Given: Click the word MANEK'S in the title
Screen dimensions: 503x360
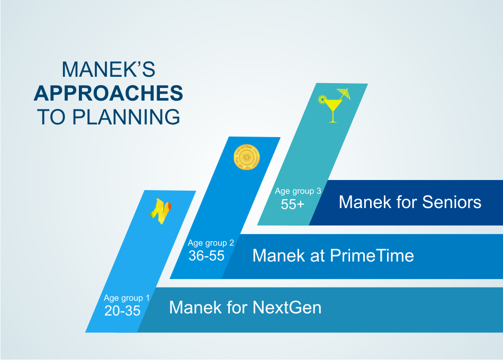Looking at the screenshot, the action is pyautogui.click(x=109, y=69).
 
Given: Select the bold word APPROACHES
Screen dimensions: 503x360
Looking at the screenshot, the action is pyautogui.click(x=109, y=93).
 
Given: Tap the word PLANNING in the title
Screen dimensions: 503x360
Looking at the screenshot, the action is pyautogui.click(x=126, y=116).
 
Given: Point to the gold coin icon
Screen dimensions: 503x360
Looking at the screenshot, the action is pyautogui.click(x=246, y=157).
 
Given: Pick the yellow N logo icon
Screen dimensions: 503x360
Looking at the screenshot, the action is pyautogui.click(x=160, y=211).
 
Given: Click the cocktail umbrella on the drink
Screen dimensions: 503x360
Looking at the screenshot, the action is pyautogui.click(x=344, y=93).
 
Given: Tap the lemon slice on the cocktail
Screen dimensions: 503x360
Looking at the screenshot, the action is pyautogui.click(x=322, y=99).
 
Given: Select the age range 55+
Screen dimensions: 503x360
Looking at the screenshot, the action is pyautogui.click(x=292, y=204).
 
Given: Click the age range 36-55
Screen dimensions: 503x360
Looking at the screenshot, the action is pyautogui.click(x=206, y=256).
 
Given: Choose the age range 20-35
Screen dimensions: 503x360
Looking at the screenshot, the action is pyautogui.click(x=122, y=311).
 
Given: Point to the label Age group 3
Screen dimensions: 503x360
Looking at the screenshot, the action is pyautogui.click(x=298, y=191).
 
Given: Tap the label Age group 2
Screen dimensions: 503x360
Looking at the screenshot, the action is pyautogui.click(x=211, y=243).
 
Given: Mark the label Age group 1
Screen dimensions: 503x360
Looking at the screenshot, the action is pyautogui.click(x=127, y=298).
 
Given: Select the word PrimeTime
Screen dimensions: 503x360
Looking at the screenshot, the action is pyautogui.click(x=372, y=256).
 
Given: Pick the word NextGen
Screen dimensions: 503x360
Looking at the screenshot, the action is pyautogui.click(x=287, y=308).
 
